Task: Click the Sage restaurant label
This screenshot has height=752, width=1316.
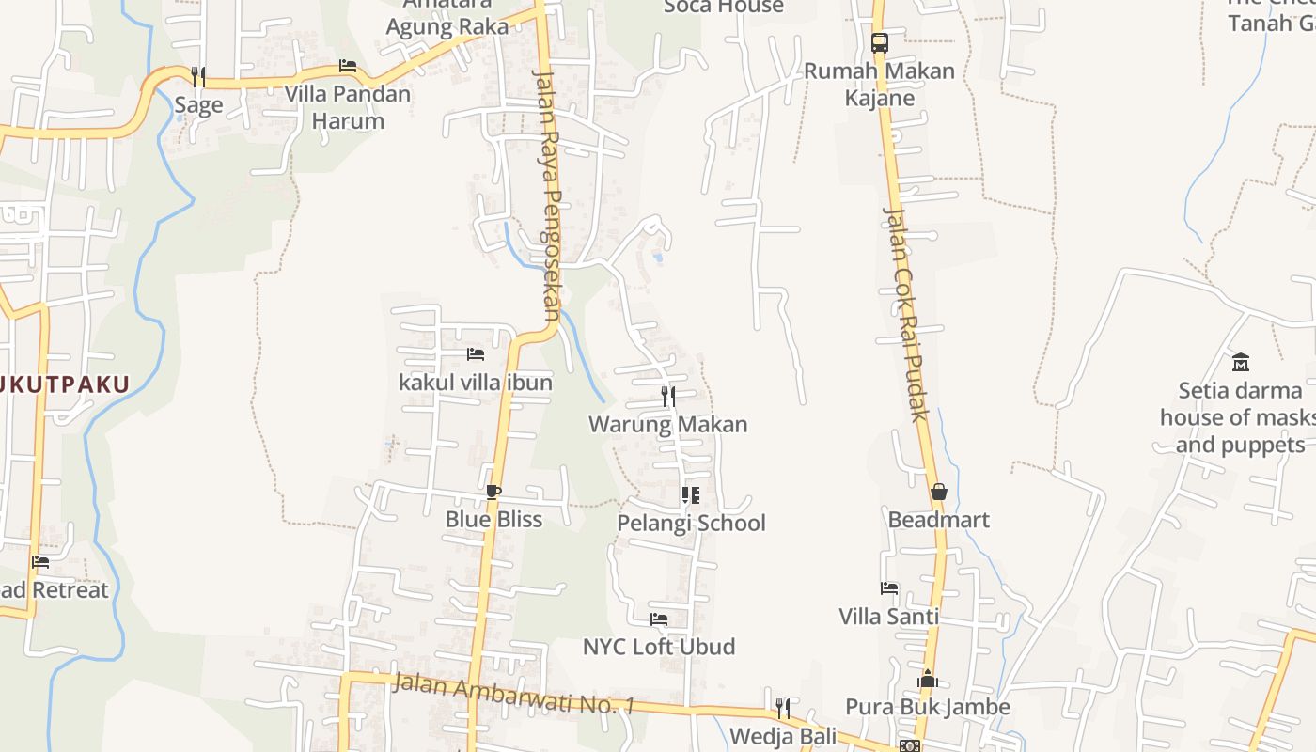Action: (198, 104)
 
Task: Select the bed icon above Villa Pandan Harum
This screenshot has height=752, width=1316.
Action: (348, 66)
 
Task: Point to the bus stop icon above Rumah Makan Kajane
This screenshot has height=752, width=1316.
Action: (880, 42)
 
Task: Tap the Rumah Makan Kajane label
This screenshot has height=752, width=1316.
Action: (880, 84)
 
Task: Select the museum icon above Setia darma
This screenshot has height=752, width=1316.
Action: (1241, 362)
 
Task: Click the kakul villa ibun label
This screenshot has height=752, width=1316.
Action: (476, 383)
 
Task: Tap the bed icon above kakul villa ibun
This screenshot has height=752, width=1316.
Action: (476, 354)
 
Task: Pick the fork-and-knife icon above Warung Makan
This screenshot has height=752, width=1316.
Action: (668, 396)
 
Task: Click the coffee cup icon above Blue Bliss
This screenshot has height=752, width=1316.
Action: (493, 491)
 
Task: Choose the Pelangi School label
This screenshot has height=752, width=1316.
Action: (691, 523)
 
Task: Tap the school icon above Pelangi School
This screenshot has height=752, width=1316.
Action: (691, 494)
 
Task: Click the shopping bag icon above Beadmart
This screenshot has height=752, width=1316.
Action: (938, 492)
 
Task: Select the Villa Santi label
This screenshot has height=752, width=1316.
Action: (889, 617)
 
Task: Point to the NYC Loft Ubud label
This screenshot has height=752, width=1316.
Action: (659, 647)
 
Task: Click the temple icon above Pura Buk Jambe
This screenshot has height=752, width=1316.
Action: (928, 679)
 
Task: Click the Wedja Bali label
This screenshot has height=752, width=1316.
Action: (783, 736)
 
